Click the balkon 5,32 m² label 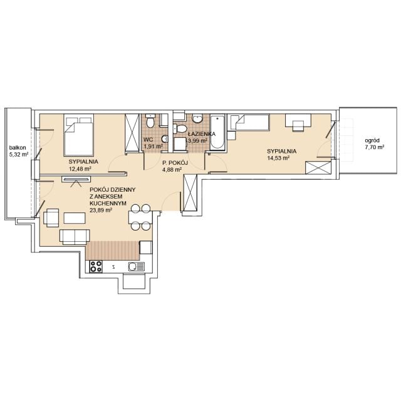point(19,151)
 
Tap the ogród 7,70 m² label point(375,143)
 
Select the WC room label point(148,140)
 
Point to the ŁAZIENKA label point(202,134)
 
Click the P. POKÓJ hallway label point(175,163)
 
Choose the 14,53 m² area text point(278,158)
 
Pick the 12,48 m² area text point(80,169)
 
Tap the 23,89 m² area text point(101,210)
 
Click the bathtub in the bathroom point(217,132)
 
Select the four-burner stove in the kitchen point(96,266)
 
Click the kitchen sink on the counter point(137,267)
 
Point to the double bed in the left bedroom point(79,135)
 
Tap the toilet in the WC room point(150,121)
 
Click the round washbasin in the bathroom point(197,118)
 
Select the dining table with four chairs point(140,217)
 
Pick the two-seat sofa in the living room point(75,236)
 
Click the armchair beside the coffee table point(51,217)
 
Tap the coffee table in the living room point(75,218)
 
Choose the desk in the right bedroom point(298,120)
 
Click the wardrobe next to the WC point(132,133)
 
